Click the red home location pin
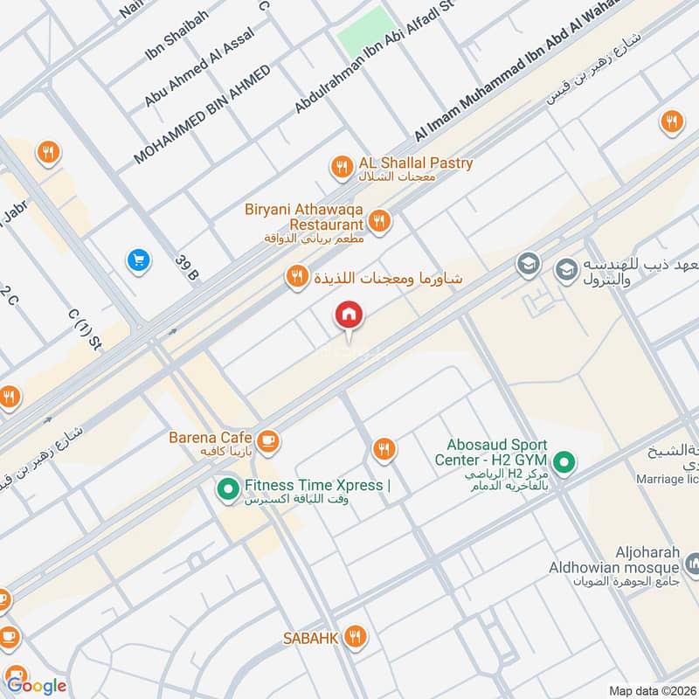(x=349, y=315)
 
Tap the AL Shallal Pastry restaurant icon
(x=340, y=165)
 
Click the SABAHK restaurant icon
(x=354, y=636)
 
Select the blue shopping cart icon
(x=137, y=260)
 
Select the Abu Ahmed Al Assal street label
(x=199, y=68)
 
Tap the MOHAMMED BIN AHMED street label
(x=202, y=114)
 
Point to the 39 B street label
(x=187, y=267)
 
